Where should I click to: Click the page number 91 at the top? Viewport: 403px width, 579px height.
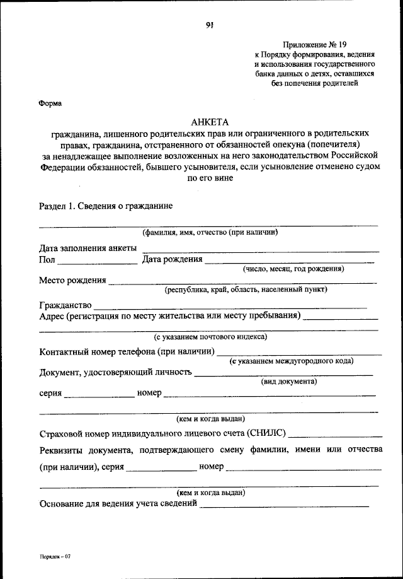click(210, 25)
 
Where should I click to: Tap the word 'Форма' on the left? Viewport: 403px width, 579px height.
click(50, 103)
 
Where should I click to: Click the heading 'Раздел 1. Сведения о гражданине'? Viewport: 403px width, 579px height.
click(106, 206)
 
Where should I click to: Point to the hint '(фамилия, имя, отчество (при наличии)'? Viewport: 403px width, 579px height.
click(210, 231)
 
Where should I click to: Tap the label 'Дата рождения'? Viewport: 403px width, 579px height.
click(172, 259)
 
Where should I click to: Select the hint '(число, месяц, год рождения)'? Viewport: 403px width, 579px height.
click(293, 268)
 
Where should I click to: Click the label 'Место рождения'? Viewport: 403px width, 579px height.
click(72, 279)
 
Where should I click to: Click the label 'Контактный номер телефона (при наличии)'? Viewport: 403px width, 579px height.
click(127, 351)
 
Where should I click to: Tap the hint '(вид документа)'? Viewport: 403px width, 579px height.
click(288, 381)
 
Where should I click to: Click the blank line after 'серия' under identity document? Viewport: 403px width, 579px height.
click(99, 395)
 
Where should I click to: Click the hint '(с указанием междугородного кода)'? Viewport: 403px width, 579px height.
click(291, 360)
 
